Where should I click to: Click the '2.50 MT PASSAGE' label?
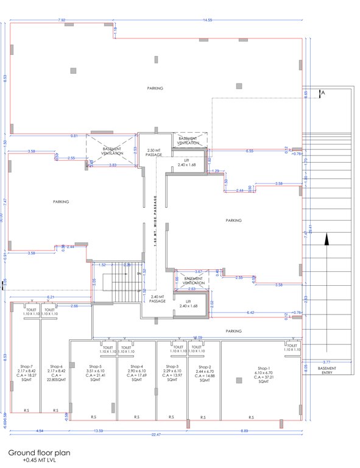pos(154,152)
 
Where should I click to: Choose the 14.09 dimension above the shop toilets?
pos(197,337)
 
